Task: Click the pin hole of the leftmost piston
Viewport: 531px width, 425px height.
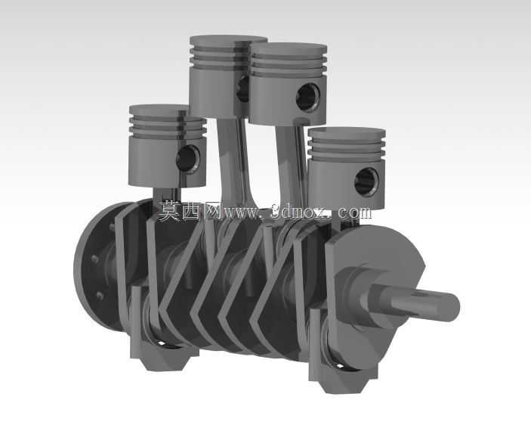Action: (x=189, y=160)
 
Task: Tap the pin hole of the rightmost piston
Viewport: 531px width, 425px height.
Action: (x=366, y=181)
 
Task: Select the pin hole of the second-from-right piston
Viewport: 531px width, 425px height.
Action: (x=308, y=98)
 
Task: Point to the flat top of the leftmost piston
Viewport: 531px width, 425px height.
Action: (x=159, y=110)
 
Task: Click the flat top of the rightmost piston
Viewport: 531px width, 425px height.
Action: (x=347, y=133)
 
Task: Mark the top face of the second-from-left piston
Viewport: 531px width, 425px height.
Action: (x=229, y=41)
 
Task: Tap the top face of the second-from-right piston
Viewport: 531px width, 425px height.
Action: (x=289, y=48)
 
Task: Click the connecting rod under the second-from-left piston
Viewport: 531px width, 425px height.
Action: (x=232, y=160)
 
